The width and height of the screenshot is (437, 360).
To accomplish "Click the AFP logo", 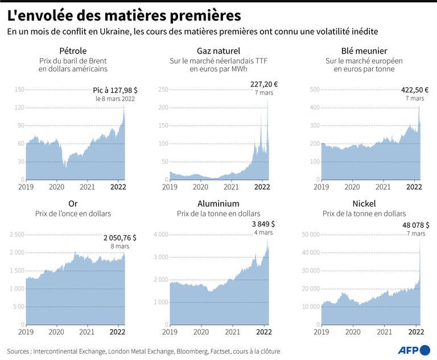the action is coord(414,350).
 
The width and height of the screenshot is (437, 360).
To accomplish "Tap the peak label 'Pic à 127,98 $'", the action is coord(115,91).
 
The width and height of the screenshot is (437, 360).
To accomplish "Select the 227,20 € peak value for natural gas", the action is coord(264,84).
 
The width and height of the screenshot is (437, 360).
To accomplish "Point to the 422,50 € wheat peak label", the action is coord(415,90).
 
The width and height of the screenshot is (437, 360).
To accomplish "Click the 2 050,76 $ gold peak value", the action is coord(120,238).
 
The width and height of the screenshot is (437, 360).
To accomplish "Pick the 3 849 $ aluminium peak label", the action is coord(263,224).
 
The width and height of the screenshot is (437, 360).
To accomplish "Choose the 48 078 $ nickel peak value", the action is coord(416,225).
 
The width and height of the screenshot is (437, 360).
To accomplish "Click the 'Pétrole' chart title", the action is coord(73,51).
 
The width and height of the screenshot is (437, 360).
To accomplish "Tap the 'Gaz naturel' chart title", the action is coord(218,51).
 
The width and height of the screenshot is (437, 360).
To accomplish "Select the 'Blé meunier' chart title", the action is coord(364,51).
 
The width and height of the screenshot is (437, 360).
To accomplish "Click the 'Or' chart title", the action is coord(73,204).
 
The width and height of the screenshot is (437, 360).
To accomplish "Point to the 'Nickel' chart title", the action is coord(364,204).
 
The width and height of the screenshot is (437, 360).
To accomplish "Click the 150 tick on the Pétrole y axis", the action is coord(19,89).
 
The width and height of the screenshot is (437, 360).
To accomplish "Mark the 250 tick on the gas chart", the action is coord(163,89).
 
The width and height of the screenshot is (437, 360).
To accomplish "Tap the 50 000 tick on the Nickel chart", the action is coord(311,235).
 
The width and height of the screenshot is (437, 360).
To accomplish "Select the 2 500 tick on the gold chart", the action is coord(17,235).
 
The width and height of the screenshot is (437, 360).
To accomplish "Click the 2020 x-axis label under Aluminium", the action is coord(201,332).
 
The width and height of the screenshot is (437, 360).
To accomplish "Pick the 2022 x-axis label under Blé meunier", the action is coord(414,187).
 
